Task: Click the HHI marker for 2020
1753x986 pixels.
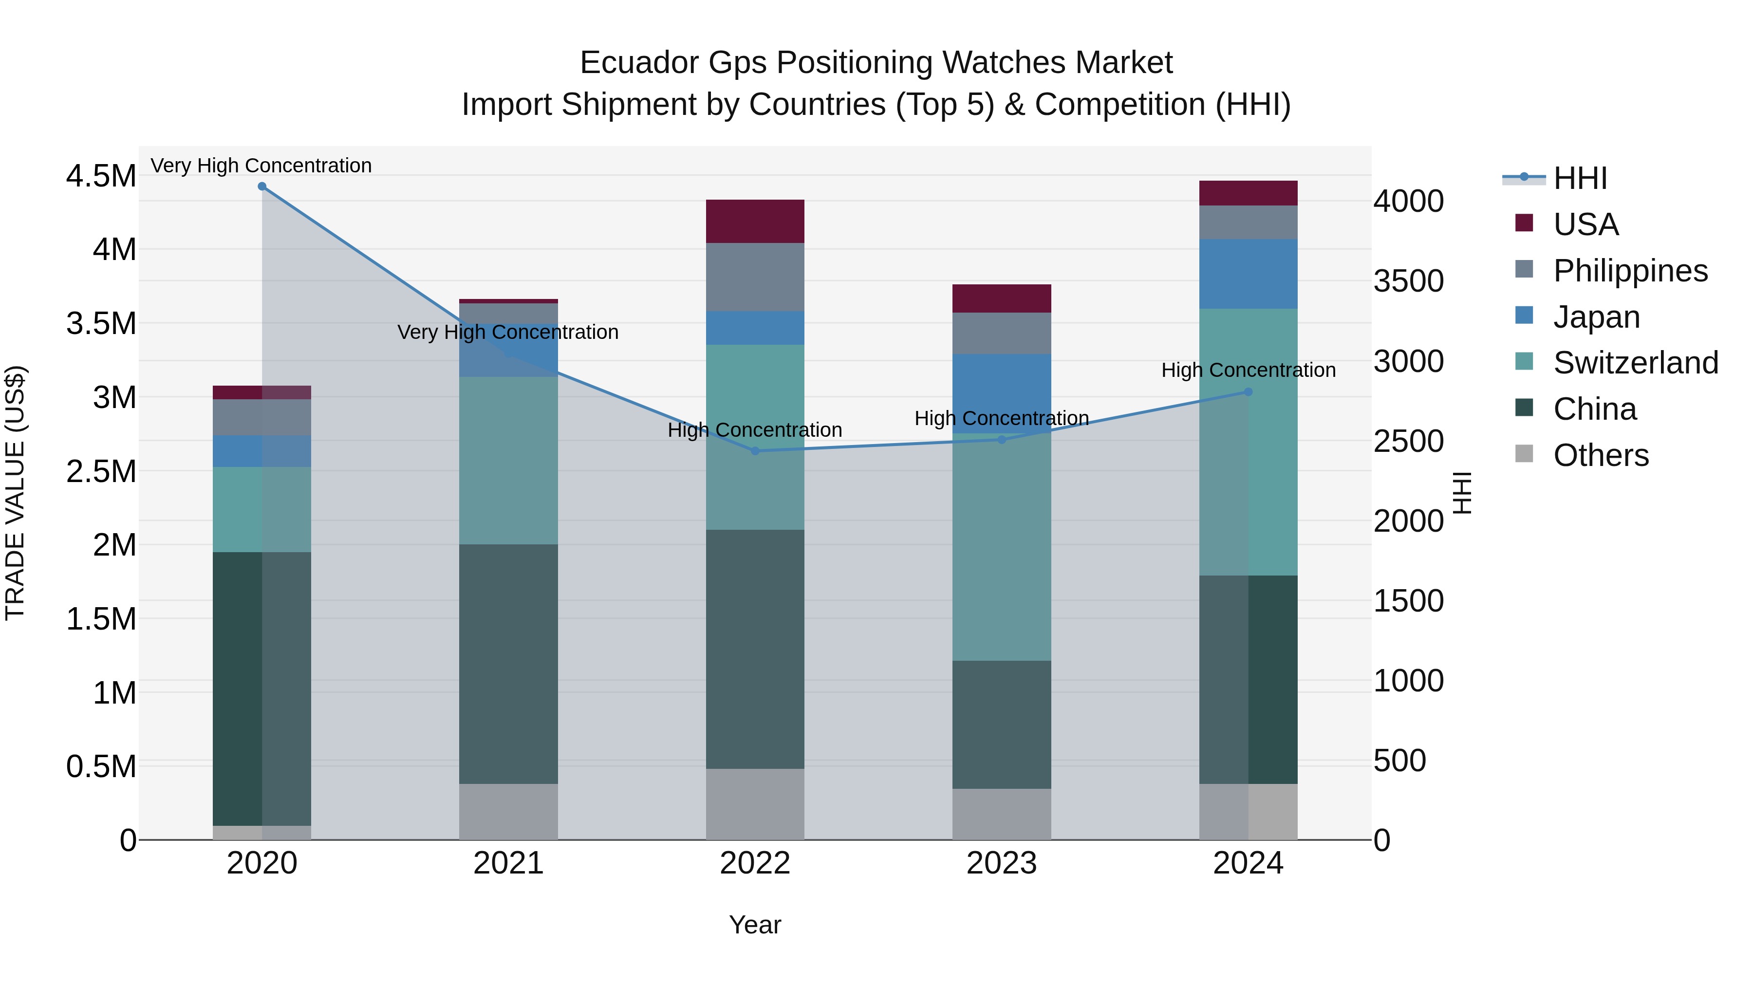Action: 262,186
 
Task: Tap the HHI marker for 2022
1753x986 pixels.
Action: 755,451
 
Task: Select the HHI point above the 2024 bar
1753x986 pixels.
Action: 1248,392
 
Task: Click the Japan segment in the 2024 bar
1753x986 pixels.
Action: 1248,274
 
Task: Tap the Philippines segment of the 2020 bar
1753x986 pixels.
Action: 262,417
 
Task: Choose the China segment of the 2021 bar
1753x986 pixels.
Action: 508,664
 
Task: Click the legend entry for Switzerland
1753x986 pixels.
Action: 1635,363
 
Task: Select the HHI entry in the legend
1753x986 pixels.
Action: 1580,178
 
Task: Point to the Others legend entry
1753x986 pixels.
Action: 1601,455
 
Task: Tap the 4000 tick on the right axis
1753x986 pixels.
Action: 1408,202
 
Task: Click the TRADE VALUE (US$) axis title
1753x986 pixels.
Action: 15,493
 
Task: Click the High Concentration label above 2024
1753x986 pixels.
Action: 1248,370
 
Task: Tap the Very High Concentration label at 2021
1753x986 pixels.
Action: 508,332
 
